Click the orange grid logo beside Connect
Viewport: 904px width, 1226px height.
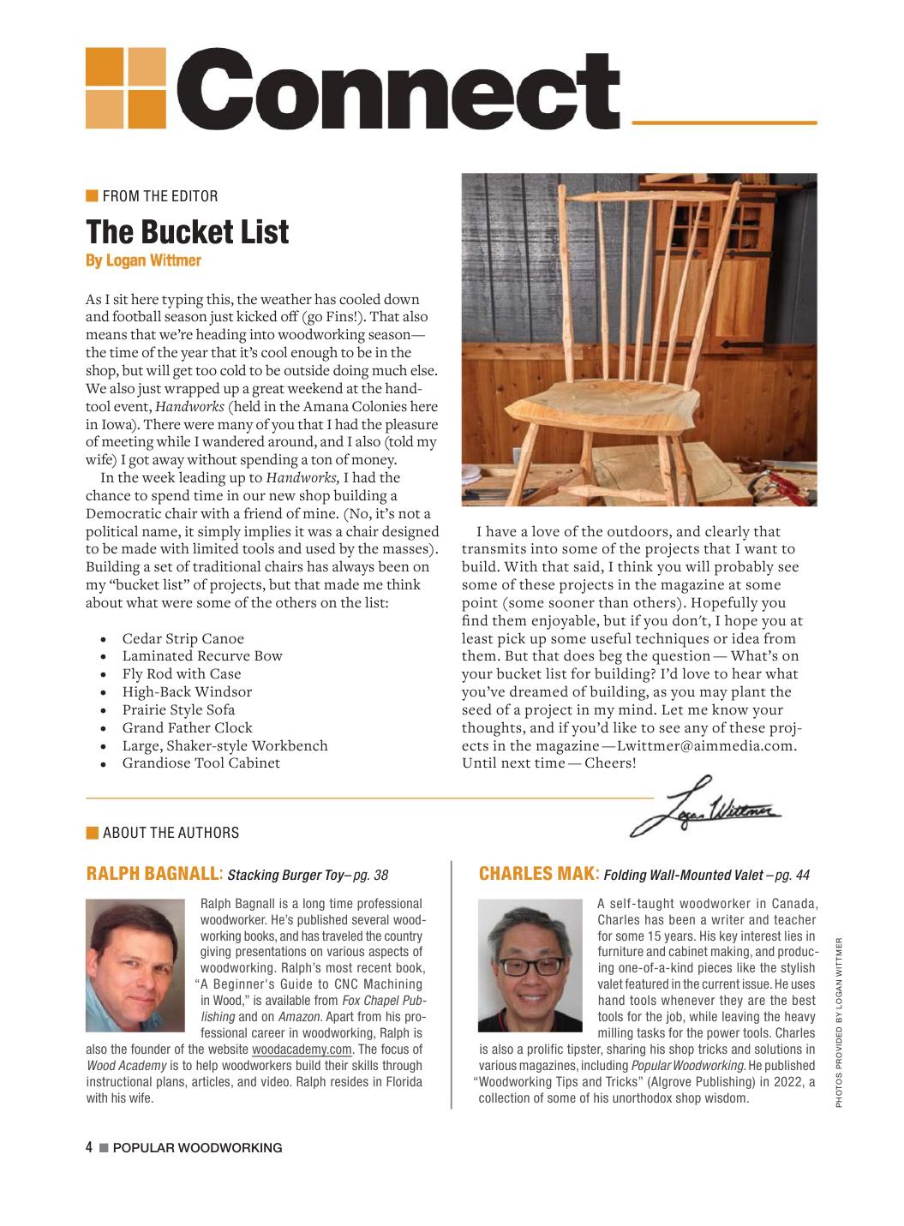click(126, 88)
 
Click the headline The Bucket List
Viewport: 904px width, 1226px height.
click(188, 232)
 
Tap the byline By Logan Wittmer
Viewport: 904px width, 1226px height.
click(143, 260)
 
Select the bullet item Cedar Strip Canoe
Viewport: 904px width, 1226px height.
click(183, 638)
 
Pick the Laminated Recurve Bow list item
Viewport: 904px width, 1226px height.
click(202, 656)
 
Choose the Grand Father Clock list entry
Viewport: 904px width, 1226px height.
click(187, 727)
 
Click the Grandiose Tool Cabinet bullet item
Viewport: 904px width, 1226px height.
click(201, 763)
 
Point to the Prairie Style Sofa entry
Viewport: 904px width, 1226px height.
click(178, 709)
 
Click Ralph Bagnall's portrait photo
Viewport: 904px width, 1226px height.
click(135, 965)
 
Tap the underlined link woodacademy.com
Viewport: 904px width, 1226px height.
click(302, 1050)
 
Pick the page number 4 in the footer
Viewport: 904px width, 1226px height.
click(89, 1147)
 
